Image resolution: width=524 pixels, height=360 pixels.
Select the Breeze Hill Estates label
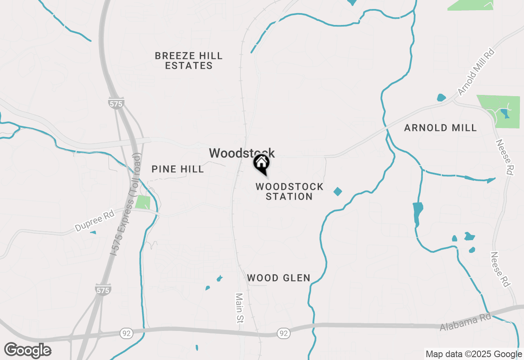189,61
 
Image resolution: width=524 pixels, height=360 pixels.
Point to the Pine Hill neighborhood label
178,169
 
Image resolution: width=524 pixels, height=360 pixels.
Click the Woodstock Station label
289,191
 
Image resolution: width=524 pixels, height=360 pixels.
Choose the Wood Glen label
278,278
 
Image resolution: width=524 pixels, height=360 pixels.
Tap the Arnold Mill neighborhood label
440,128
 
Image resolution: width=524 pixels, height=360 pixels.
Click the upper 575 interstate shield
116,103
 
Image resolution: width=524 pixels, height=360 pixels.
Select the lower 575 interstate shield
102,290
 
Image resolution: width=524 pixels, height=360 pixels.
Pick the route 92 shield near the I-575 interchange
126,333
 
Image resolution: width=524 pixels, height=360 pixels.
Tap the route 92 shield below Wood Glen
283,333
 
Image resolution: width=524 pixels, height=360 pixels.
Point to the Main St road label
239,308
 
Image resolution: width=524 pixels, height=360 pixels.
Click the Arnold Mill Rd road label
476,72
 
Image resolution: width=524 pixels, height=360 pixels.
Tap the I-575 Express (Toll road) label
126,204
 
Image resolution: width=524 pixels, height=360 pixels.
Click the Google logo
28,350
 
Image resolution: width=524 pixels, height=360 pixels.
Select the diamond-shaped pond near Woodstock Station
338,191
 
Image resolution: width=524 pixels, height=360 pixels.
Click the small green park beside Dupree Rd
142,202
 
